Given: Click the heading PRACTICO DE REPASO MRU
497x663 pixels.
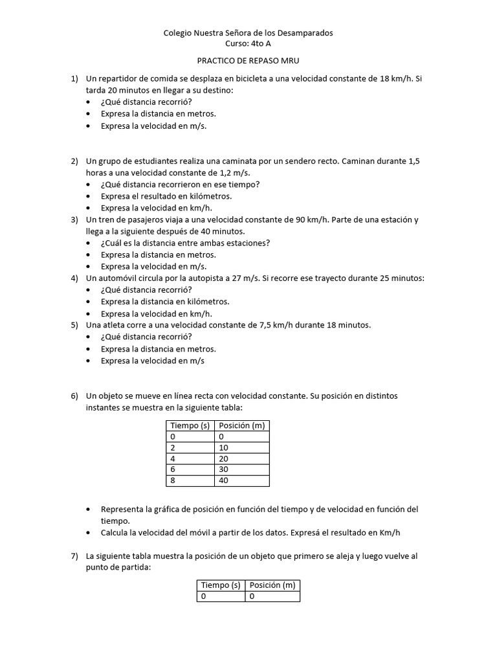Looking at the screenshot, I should [x=248, y=61].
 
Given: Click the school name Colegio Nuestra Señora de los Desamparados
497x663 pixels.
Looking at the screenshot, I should [x=248, y=32].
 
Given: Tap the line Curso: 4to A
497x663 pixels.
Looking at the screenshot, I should [x=248, y=43].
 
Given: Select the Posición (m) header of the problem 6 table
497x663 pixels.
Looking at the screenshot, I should [x=241, y=425].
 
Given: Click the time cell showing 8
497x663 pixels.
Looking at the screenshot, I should [x=173, y=480].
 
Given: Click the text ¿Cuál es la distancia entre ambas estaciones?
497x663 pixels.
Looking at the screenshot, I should [x=185, y=243].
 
